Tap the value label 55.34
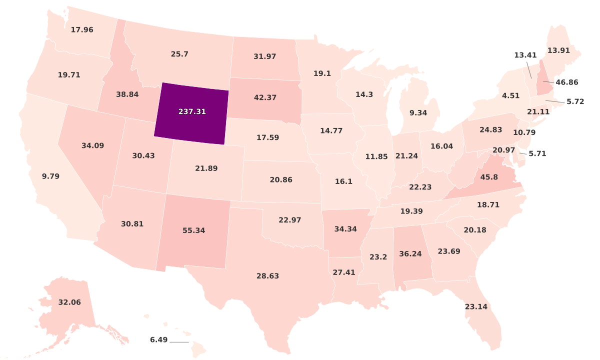pyautogui.click(x=193, y=230)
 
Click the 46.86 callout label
pyautogui.click(x=566, y=82)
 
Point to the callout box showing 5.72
pyautogui.click(x=575, y=101)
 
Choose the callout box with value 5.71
pyautogui.click(x=537, y=153)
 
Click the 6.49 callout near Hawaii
pyautogui.click(x=158, y=340)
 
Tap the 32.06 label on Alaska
pyautogui.click(x=69, y=302)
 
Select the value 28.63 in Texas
pyautogui.click(x=267, y=276)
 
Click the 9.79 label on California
pyautogui.click(x=50, y=176)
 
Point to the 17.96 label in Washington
pyautogui.click(x=82, y=30)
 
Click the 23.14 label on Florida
pyautogui.click(x=475, y=306)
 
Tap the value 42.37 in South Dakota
pyautogui.click(x=265, y=97)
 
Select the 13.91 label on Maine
pyautogui.click(x=558, y=50)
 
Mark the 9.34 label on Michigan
pyautogui.click(x=418, y=113)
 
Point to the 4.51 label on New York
pyautogui.click(x=510, y=95)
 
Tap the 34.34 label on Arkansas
pyautogui.click(x=345, y=229)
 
